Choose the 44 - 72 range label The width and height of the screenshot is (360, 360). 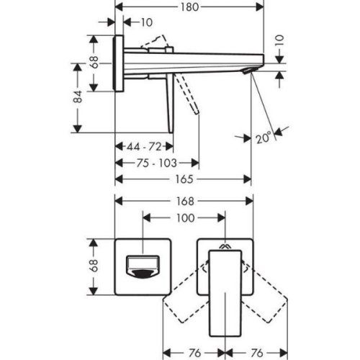[144, 146]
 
